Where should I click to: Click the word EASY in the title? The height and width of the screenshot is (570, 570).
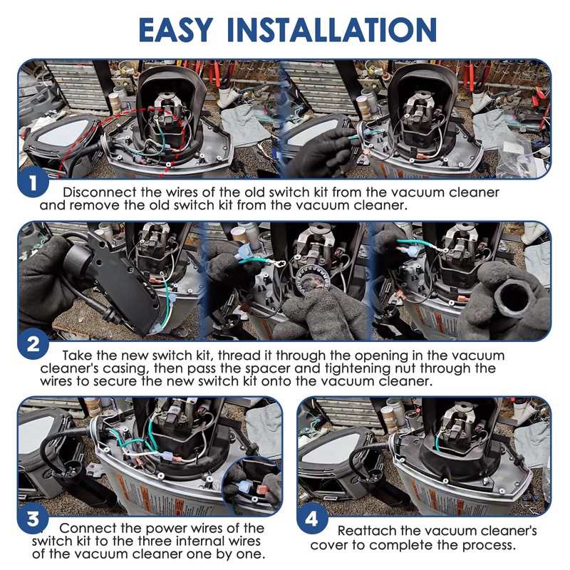click(x=175, y=29)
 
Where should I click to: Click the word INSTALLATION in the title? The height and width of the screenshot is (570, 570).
click(x=331, y=29)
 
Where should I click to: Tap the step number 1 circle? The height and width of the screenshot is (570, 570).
click(x=33, y=183)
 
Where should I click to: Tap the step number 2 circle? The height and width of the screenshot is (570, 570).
click(x=33, y=344)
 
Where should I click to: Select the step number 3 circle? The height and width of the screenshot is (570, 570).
click(x=33, y=519)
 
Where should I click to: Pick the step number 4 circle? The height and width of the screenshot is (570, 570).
click(x=312, y=519)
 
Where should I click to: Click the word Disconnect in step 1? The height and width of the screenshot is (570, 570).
click(x=99, y=192)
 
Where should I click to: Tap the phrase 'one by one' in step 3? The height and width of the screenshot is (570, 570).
click(x=225, y=554)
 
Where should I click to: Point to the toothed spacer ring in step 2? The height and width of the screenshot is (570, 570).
click(x=313, y=281)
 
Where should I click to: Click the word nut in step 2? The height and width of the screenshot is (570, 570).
click(x=405, y=368)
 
